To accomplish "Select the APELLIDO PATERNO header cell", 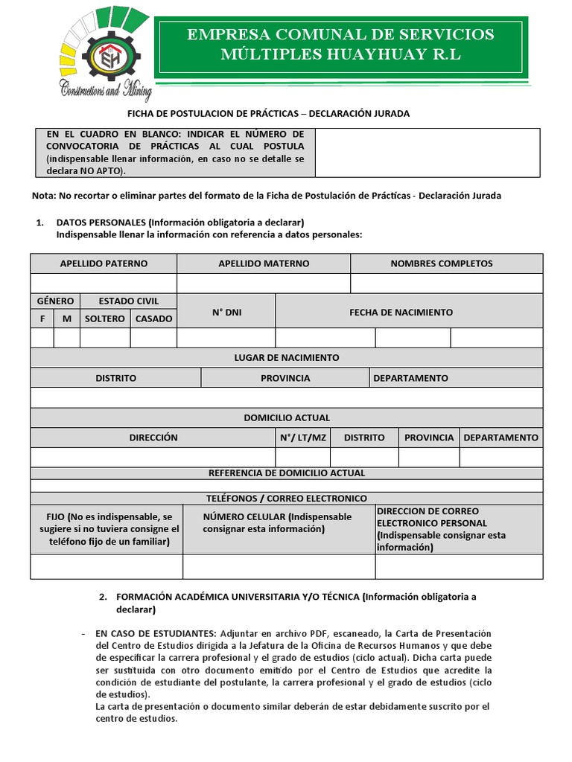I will tap(104, 263).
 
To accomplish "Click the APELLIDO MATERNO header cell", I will tap(264, 263).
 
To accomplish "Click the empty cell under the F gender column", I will tap(42, 338).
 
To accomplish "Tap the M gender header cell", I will tap(67, 318).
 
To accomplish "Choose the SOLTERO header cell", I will tap(105, 318).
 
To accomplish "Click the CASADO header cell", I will tap(153, 318).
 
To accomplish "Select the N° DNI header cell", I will tap(226, 313).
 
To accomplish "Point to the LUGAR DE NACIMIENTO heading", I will tap(287, 358).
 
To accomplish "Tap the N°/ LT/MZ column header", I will tap(303, 438).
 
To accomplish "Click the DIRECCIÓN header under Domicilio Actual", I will tap(153, 438).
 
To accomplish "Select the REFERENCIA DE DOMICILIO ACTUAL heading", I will tap(287, 473).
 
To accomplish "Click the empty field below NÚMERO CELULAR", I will tap(279, 566).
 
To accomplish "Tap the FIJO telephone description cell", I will tap(107, 529).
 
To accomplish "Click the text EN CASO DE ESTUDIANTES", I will tap(156, 624).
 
